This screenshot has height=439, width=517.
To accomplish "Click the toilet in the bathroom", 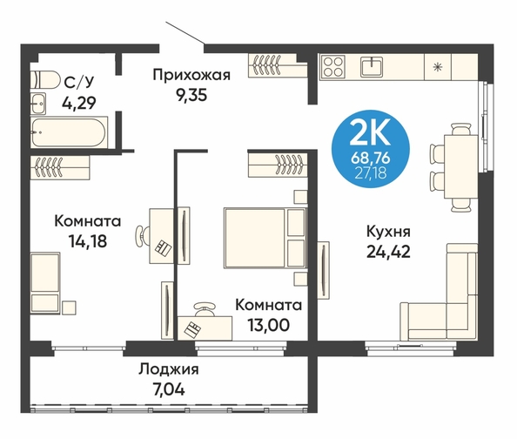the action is point(45,79).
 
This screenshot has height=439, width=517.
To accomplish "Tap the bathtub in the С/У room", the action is point(70,132).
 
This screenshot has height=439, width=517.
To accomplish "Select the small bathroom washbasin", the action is point(38,104).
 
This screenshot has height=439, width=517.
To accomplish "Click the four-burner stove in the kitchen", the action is point(332,66).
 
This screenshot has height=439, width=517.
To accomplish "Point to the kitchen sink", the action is point(372,66).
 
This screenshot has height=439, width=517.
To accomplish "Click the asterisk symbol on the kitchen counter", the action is point(438,67).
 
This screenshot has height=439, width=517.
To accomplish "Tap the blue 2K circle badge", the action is point(370,149).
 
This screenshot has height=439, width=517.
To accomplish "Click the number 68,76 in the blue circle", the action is point(370,159).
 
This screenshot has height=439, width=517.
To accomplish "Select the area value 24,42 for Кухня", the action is point(388,253).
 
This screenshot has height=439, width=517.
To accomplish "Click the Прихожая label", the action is point(191,75).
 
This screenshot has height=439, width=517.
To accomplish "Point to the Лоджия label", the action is point(169,370).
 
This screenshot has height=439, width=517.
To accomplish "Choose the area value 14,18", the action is point(88,241).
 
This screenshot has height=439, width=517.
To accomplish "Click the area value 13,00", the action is point(269,326).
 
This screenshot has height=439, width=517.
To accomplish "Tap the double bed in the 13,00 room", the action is point(265,238).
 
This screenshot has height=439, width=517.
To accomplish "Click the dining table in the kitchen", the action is point(460,166).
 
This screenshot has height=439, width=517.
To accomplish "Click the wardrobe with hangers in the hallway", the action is point(278,65).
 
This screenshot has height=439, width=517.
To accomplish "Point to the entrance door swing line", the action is point(185,33).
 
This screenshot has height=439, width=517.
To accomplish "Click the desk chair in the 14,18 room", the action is point(143,236).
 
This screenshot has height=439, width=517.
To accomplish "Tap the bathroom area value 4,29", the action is point(79,103).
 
